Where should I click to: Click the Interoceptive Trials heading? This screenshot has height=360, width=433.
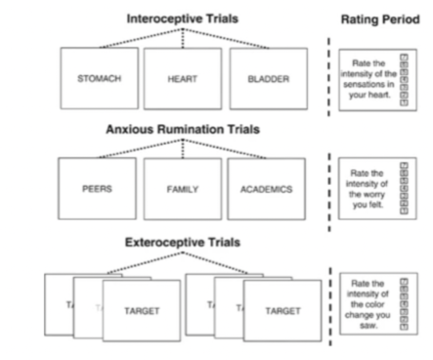point(182,19)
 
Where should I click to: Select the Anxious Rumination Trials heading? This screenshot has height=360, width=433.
point(182,129)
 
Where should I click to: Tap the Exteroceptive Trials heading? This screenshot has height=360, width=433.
point(182,242)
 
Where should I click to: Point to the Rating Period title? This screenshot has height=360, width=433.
point(380,20)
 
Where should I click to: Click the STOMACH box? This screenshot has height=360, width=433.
point(99,78)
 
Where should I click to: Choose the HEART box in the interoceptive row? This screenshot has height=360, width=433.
point(182,79)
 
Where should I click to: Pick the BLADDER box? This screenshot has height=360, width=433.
point(268,79)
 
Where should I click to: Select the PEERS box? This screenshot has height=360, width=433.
point(97,189)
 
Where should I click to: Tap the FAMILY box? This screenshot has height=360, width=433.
point(182,189)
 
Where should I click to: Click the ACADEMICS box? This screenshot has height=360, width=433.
point(266,189)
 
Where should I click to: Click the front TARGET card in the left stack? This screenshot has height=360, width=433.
point(142,311)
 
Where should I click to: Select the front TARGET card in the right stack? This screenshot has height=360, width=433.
point(283,311)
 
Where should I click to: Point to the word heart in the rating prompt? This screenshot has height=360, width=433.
point(377,95)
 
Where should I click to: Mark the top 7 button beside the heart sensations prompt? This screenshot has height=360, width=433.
point(404,58)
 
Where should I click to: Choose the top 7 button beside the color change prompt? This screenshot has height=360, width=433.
point(404,282)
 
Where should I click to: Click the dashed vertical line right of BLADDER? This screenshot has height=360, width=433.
point(329,77)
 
